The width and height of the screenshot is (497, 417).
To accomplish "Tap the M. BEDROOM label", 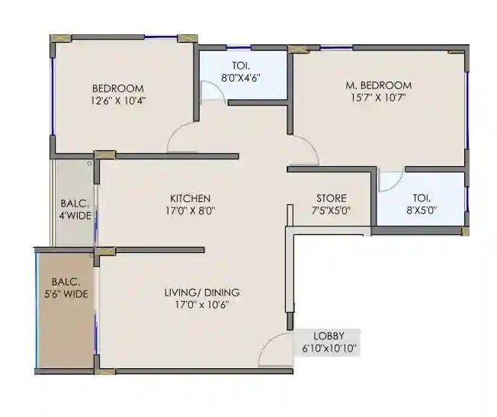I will pyautogui.click(x=378, y=85).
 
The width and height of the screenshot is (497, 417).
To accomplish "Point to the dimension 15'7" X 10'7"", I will pyautogui.click(x=378, y=98).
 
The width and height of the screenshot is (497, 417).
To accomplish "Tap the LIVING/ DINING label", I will pyautogui.click(x=203, y=292).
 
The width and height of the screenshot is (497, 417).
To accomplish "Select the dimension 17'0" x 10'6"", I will pyautogui.click(x=203, y=304).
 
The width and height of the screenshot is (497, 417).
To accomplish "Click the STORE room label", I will pyautogui.click(x=331, y=198).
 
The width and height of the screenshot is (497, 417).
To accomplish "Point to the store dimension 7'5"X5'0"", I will pyautogui.click(x=331, y=211).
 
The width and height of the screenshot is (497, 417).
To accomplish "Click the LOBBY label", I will pyautogui.click(x=329, y=336).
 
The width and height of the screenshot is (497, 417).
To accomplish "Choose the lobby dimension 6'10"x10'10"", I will pyautogui.click(x=329, y=349).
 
